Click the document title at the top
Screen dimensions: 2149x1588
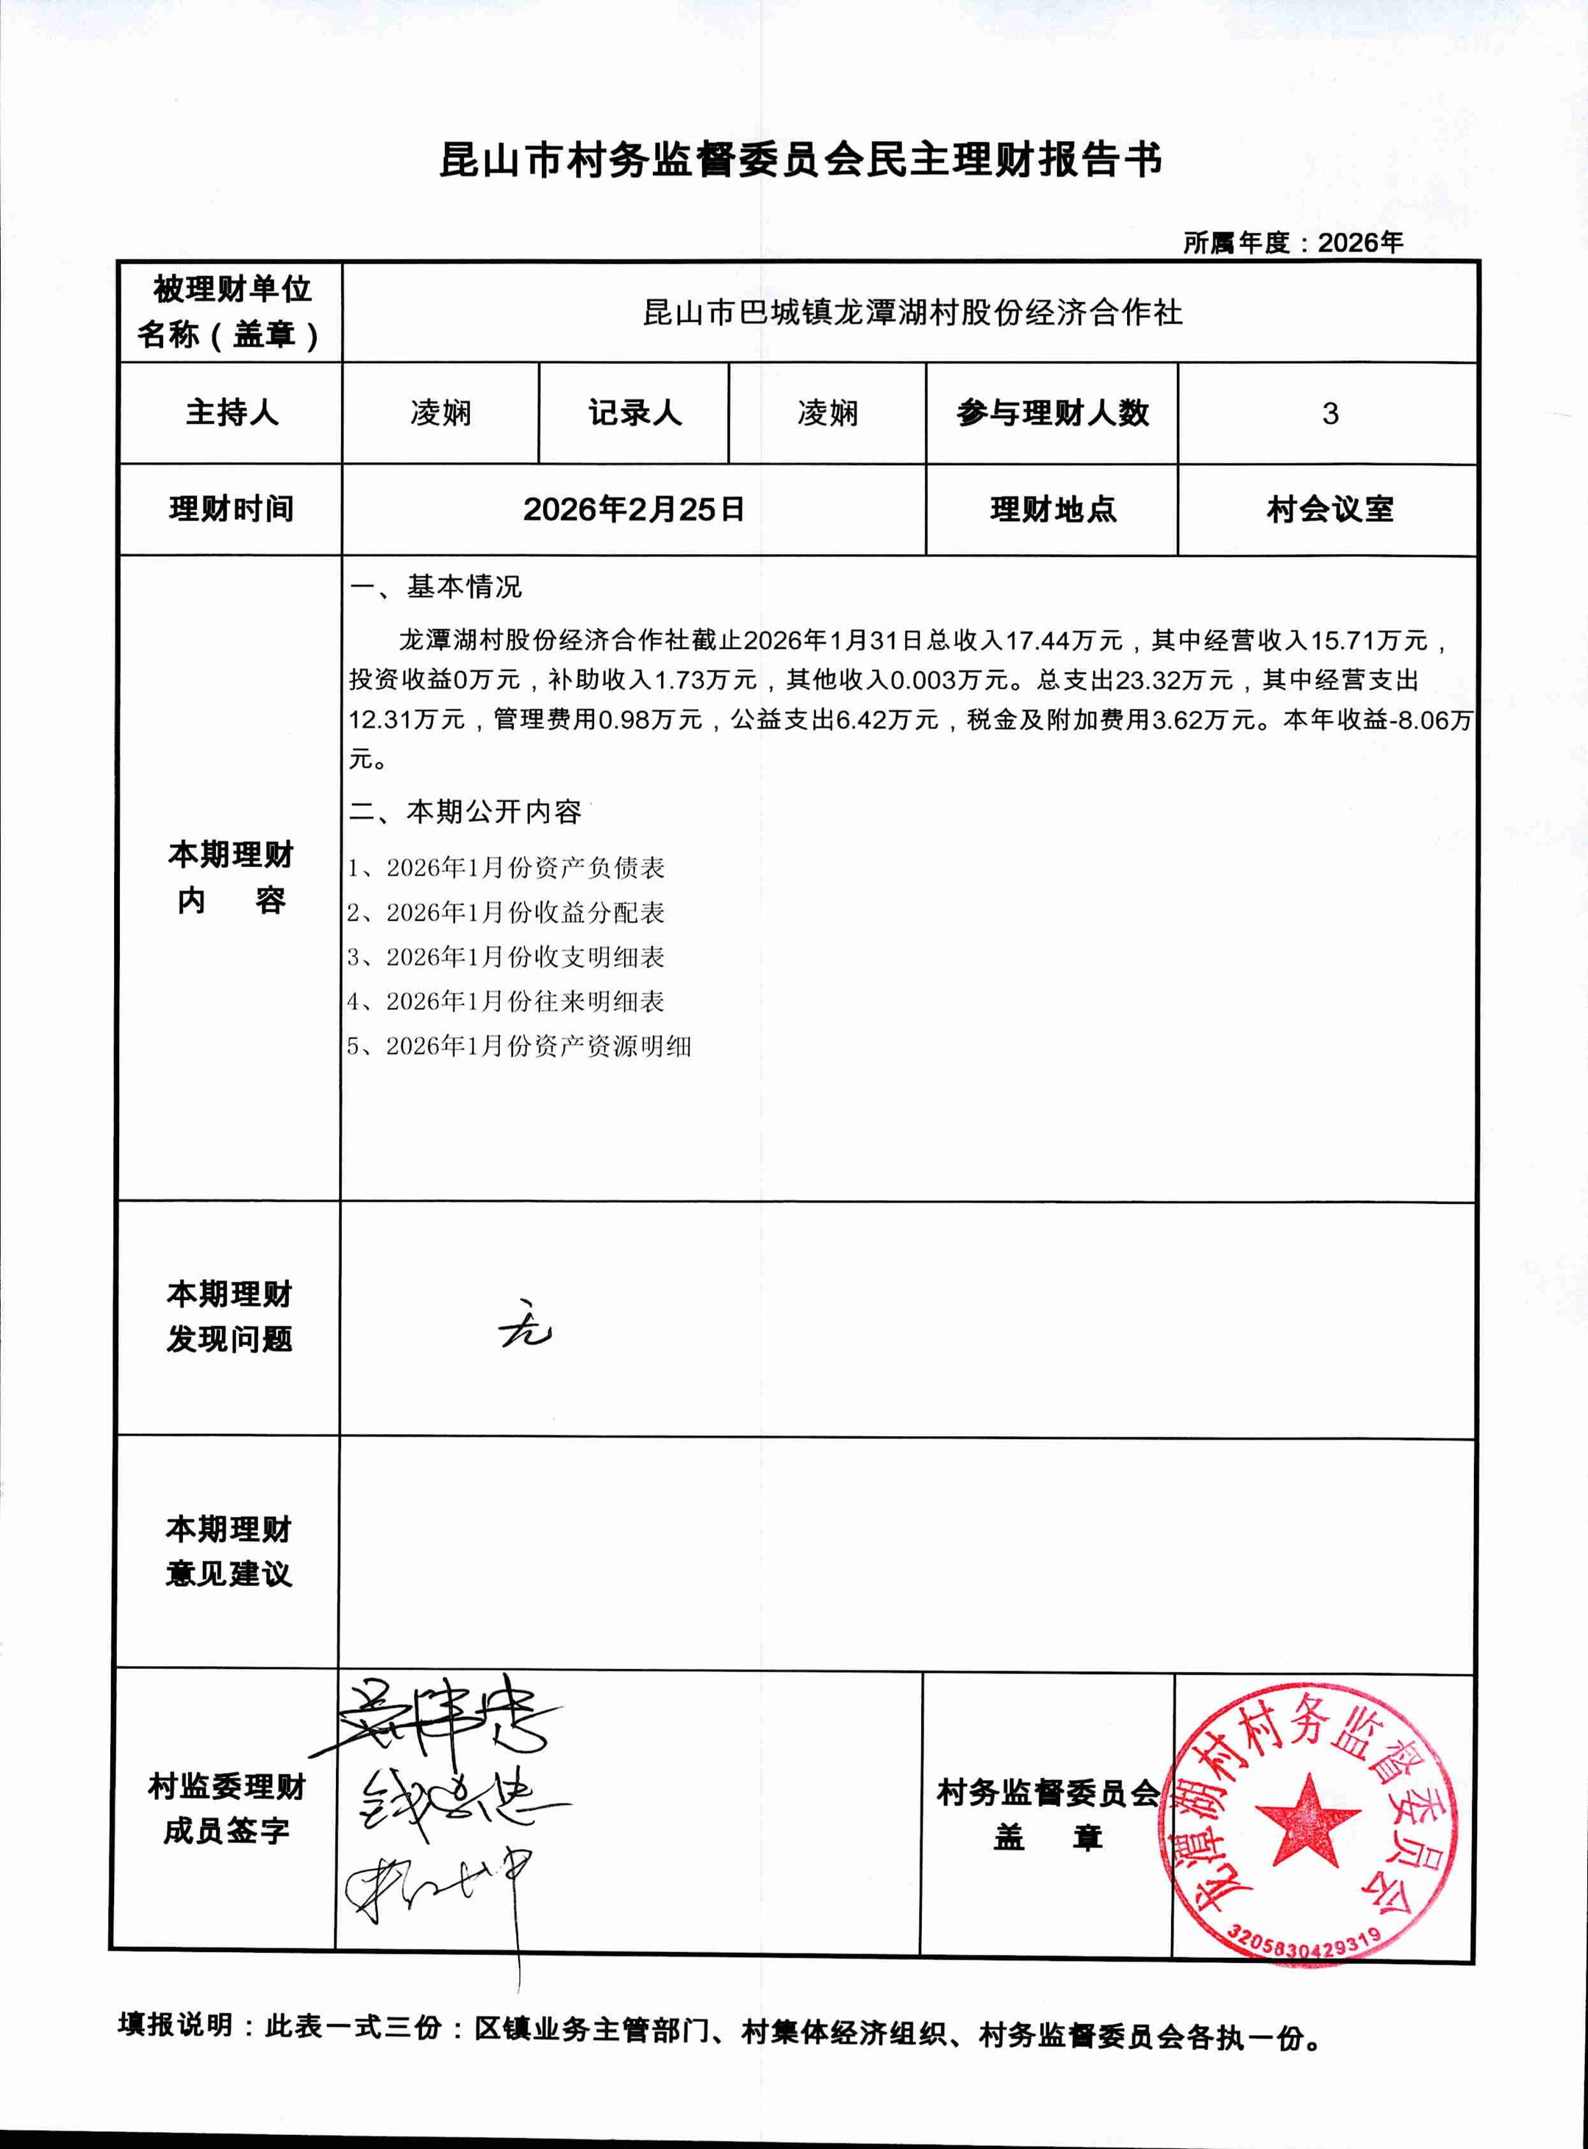click(801, 160)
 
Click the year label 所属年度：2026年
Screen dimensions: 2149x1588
click(1293, 243)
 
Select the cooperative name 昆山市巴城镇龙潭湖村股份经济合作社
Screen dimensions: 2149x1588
click(912, 313)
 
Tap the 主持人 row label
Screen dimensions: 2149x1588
click(232, 413)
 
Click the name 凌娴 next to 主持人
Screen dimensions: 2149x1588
click(440, 413)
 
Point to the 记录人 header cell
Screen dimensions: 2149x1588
click(634, 413)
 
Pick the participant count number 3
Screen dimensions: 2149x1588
click(1329, 413)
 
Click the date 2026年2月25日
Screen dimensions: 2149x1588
click(634, 509)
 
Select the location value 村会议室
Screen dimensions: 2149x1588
click(1329, 509)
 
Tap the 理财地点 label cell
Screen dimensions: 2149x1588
click(1053, 509)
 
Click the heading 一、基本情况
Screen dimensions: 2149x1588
click(437, 586)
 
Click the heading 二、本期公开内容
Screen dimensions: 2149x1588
click(465, 812)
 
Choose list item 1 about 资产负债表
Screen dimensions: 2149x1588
click(507, 868)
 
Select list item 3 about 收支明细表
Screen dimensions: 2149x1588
click(507, 957)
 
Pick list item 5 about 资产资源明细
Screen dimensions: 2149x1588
click(520, 1046)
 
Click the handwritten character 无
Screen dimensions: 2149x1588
click(525, 1328)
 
